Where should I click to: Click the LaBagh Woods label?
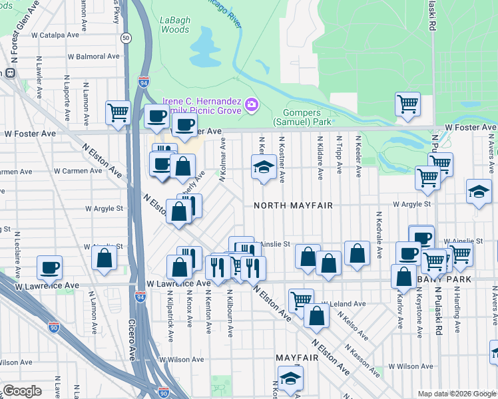pos(175,25)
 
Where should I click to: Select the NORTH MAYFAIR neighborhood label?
pos(292,205)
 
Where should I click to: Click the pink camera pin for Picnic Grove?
pos(252,104)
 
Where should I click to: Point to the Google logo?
pos(22,390)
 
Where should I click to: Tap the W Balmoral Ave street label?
pos(94,56)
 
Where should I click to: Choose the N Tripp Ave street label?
pos(339,157)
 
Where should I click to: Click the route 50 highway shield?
pos(125,39)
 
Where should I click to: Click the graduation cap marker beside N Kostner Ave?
pos(264,166)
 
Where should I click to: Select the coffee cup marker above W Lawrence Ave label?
pos(50,267)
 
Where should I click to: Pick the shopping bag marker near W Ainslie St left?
pos(105,259)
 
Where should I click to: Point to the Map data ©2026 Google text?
pos(456,394)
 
